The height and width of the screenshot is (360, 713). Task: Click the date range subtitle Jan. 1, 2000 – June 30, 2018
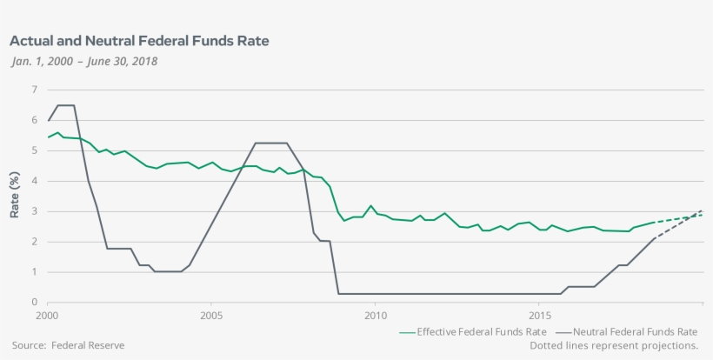[84, 61]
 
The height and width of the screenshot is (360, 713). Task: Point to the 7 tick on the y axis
[34, 90]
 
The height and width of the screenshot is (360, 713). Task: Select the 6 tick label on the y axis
[34, 120]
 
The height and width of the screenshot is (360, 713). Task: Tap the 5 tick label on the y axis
[34, 150]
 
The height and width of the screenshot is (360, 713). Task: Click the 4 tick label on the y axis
[34, 181]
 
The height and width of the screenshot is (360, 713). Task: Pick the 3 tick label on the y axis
[34, 211]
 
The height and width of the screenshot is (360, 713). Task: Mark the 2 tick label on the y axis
[34, 242]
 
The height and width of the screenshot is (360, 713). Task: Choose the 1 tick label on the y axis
[34, 272]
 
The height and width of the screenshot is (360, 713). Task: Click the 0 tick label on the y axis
[34, 303]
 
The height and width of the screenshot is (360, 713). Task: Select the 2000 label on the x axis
[48, 315]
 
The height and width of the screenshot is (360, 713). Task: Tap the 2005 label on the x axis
[211, 315]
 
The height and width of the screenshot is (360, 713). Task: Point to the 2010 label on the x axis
[375, 315]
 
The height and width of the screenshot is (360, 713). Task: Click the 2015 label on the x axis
[539, 315]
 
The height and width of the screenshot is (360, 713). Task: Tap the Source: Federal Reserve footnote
[69, 345]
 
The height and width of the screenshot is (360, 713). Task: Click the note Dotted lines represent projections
[614, 345]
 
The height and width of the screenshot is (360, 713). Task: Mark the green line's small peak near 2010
[371, 206]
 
